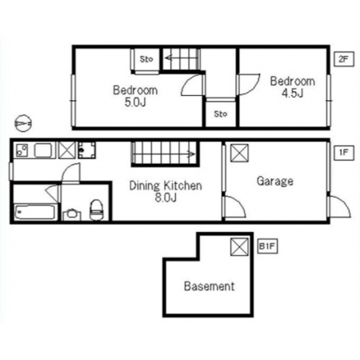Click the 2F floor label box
click(x=344, y=59)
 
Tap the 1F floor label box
click(x=344, y=153)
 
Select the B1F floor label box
click(x=267, y=246)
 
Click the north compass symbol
click(x=23, y=123)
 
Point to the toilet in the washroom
click(x=96, y=210)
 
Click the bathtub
click(x=35, y=212)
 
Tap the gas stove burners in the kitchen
click(x=22, y=150)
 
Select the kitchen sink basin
click(x=42, y=150)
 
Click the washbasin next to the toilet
click(x=71, y=214)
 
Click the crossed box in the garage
click(x=239, y=153)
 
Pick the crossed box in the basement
click(x=239, y=246)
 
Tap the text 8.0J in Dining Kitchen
click(x=166, y=198)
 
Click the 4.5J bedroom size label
click(x=293, y=94)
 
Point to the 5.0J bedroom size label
click(x=135, y=102)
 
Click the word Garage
click(x=275, y=182)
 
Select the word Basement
click(x=210, y=286)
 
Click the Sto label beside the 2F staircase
click(x=146, y=59)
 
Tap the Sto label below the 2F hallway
click(x=221, y=114)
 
